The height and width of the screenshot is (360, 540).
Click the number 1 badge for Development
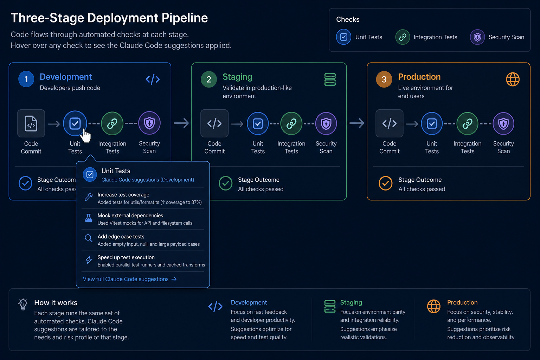pos(26,79)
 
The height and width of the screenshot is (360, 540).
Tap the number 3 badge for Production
pos(384,79)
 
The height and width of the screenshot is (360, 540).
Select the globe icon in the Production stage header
pos(513,79)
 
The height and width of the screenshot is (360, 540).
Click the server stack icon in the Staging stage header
pos(330,79)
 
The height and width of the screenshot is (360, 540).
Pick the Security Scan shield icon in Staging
pos(326,124)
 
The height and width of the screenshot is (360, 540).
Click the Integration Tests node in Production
pos(467,124)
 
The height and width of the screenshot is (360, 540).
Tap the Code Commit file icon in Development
pos(31,123)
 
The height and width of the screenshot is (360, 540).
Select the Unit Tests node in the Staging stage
pos(258,124)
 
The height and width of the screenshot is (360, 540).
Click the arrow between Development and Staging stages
pos(181,123)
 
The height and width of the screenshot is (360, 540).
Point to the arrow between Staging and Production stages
pos(357,123)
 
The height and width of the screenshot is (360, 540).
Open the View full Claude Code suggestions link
pos(130,279)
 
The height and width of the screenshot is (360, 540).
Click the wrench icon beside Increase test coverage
pos(89,197)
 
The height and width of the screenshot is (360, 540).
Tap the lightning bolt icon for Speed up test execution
pos(89,260)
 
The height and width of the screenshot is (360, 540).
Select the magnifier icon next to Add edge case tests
pos(89,238)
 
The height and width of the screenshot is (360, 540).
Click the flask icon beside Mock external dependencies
pos(89,218)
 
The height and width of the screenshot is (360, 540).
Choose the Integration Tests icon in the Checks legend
pos(403,37)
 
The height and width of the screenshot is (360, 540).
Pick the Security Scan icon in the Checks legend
pos(477,37)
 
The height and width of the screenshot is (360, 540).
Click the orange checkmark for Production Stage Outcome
pos(385,184)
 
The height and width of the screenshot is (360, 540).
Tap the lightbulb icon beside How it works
pos(23,304)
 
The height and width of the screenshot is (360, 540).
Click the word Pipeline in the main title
pos(185,18)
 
